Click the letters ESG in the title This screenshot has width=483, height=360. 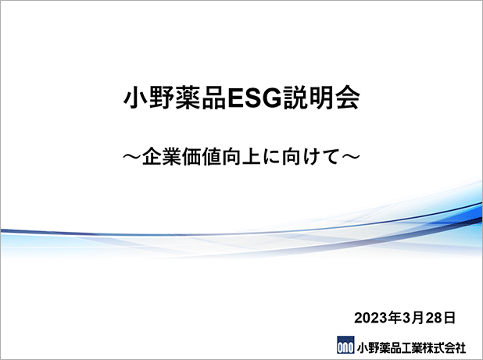click(255, 98)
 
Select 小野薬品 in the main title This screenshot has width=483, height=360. click(175, 98)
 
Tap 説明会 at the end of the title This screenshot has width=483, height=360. click(321, 98)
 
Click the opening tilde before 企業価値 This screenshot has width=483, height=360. click(132, 157)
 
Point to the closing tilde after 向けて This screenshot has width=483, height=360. click(351, 157)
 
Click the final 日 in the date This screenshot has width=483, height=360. click(449, 318)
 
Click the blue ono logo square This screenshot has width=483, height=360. click(345, 345)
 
